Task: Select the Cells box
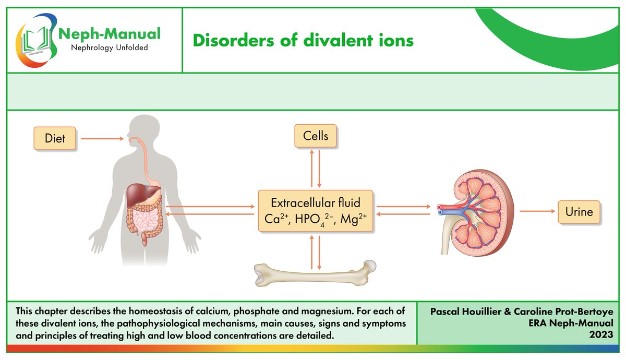(x=316, y=136)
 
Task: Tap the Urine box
(x=579, y=212)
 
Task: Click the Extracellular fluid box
(x=316, y=211)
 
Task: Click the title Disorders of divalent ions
(x=303, y=40)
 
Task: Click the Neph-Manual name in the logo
(x=109, y=34)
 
